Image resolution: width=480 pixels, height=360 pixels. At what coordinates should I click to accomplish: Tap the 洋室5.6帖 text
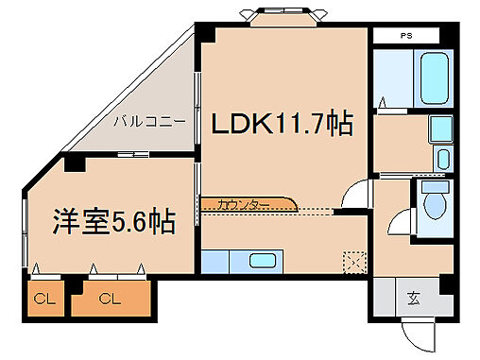click(113, 221)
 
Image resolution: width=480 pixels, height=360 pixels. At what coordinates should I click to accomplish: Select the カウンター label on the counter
click(243, 203)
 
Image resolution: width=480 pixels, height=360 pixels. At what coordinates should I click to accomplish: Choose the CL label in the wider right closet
click(110, 300)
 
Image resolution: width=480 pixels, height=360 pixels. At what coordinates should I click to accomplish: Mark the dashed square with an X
click(355, 260)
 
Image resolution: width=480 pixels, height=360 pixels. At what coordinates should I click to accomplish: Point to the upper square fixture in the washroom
click(439, 129)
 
